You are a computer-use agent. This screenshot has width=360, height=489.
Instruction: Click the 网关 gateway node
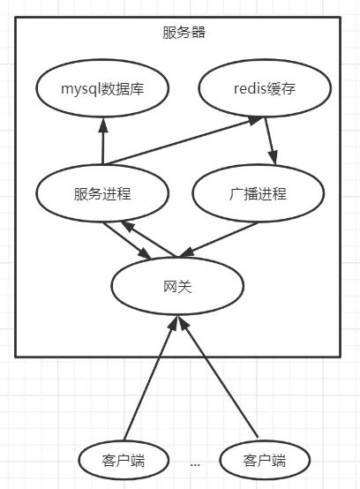tap(176, 286)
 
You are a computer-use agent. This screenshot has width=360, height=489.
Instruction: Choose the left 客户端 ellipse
tap(111, 460)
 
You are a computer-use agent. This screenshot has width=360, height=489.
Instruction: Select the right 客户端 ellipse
tap(252, 460)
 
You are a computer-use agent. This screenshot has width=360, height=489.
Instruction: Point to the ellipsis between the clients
tap(194, 462)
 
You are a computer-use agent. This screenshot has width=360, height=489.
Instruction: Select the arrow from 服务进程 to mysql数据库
tap(103, 141)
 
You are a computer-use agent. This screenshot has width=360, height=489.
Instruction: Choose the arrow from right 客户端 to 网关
tap(221, 380)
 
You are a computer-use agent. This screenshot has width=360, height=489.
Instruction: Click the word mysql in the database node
tap(80, 88)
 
